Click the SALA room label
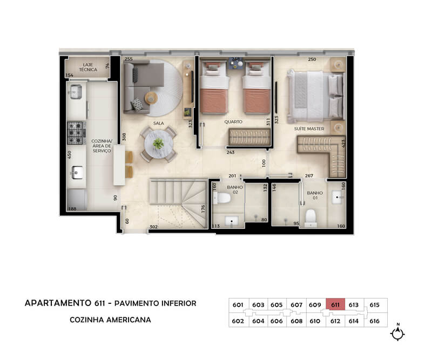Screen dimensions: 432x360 pos(158,123)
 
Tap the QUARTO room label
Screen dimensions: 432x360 pos(233,121)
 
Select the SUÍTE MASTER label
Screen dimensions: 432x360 pos(309,128)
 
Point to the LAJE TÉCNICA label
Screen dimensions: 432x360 pos(88,67)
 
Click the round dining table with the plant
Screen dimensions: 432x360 pos(158,144)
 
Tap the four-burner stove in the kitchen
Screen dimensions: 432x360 pos(75,133)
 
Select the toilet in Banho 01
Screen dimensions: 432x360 pos(311,218)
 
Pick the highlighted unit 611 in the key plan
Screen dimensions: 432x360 pos(335,304)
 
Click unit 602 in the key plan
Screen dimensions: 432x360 pos(238,321)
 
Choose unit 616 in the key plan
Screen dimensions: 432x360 pos(374,321)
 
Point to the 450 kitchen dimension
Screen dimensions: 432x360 pos(70,154)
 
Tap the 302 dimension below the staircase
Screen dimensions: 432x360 pos(153,227)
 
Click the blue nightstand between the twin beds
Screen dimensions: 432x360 pos(235,64)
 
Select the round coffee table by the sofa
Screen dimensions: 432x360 pos(151,98)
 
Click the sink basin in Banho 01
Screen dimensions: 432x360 pos(337,197)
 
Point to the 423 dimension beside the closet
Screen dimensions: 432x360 pos(343,144)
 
